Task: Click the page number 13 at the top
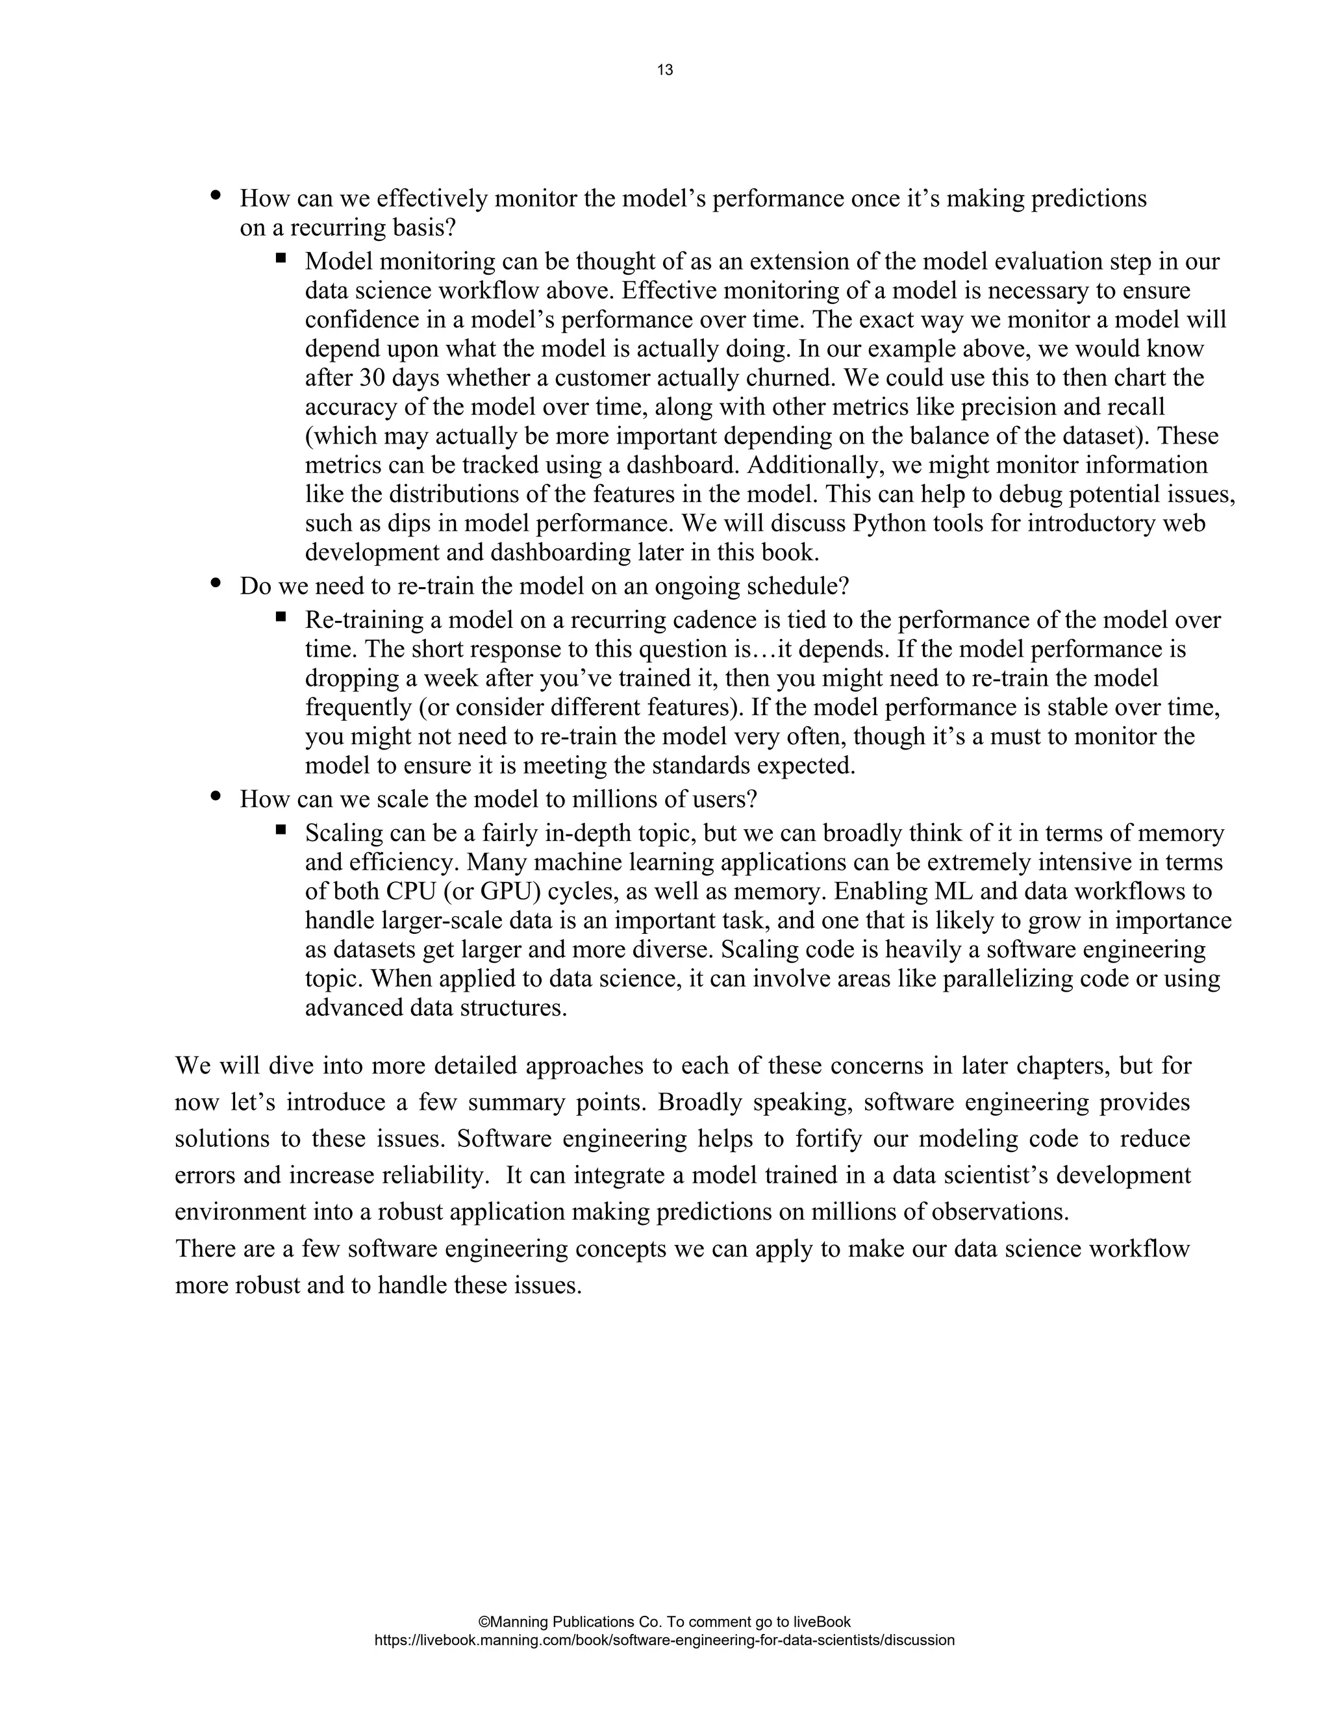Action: pos(664,70)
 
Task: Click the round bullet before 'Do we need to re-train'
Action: pos(216,584)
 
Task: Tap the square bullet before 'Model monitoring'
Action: pos(281,257)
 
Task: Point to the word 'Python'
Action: pos(890,524)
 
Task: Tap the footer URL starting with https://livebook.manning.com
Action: pos(664,1640)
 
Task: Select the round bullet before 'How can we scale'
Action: pos(216,797)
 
